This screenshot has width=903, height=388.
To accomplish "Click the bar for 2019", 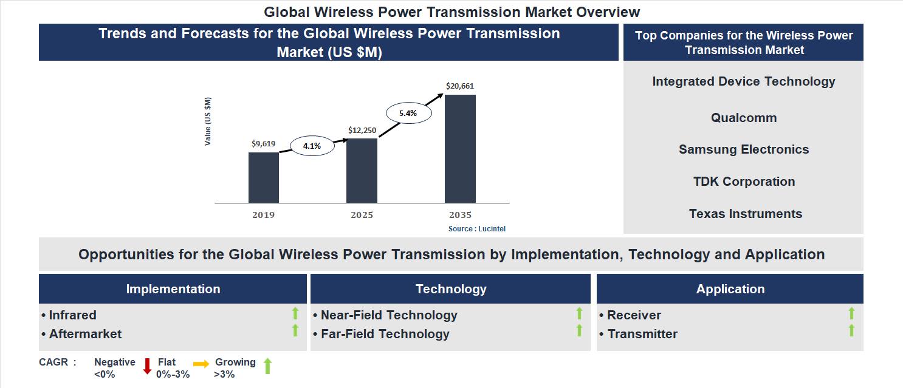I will [264, 177].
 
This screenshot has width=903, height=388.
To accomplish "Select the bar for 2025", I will [362, 171].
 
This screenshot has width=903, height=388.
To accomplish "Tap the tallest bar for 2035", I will [460, 149].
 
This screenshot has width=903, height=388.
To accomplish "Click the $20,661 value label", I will [460, 86].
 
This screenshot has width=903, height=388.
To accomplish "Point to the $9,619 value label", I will [264, 144].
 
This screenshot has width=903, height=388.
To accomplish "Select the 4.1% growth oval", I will [312, 146].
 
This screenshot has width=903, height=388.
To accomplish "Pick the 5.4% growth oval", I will [409, 113].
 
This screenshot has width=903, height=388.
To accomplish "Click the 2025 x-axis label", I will [362, 215].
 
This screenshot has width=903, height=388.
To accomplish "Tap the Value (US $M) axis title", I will [208, 121].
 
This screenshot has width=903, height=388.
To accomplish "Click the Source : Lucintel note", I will [477, 229].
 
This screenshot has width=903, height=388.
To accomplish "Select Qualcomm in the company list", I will [744, 118].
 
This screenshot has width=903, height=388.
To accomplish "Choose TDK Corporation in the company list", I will [744, 182].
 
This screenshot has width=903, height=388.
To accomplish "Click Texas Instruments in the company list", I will [745, 214].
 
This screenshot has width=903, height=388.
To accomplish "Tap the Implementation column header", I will [173, 289].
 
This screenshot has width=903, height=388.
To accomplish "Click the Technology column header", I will [451, 289].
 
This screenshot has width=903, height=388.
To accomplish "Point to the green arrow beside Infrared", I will [295, 313].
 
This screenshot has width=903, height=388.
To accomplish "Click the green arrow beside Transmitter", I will [851, 330].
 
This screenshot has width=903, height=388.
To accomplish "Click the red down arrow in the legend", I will [147, 366].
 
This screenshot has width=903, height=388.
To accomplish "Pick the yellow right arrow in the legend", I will [201, 364].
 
